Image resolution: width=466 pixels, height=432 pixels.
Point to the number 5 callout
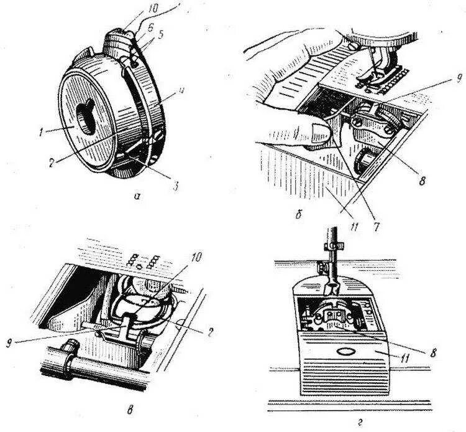[163, 35]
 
